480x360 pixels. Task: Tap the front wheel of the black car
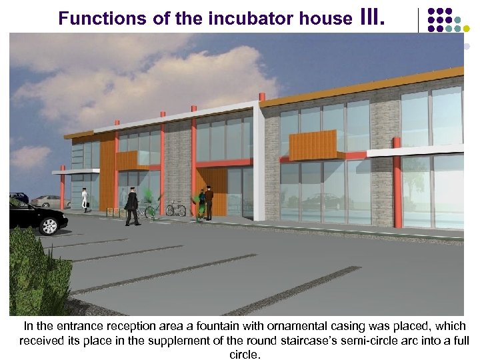coord(49,226)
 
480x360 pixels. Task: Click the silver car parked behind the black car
coord(47,201)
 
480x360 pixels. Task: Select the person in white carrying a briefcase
coord(85,199)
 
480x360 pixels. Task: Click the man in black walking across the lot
coord(132,206)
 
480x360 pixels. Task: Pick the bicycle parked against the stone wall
coord(175,209)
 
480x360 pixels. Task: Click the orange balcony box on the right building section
coord(313,146)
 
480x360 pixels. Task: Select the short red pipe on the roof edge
coord(262,97)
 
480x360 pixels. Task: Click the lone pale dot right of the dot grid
coord(467,47)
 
